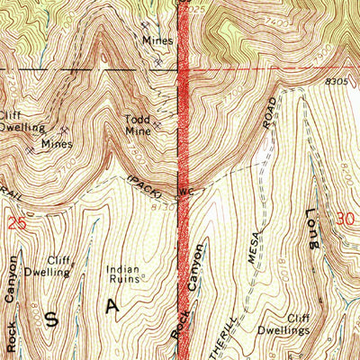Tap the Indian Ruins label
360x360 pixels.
coord(124,274)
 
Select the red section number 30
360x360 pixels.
coord(342,218)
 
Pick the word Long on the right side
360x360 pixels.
coord(311,230)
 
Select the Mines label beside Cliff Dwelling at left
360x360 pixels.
coord(56,142)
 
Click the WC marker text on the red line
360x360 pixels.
coord(187,192)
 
